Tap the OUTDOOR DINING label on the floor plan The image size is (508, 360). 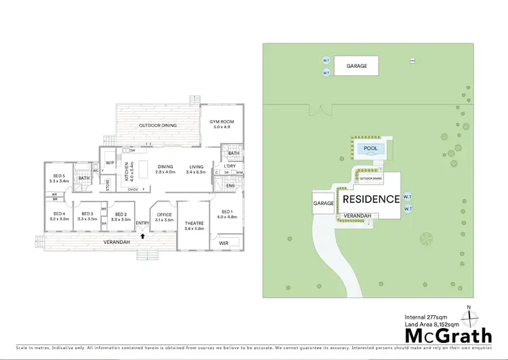coord(158,125)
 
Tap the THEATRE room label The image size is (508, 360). coord(194,226)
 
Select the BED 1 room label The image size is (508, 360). coord(227,214)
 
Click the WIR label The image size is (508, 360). coord(224,242)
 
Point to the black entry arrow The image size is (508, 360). coord(142,236)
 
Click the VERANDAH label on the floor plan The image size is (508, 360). coord(117,242)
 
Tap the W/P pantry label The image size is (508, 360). coord(110,163)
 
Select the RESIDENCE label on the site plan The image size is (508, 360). coord(371,199)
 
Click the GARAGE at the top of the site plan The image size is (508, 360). coord(357,66)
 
